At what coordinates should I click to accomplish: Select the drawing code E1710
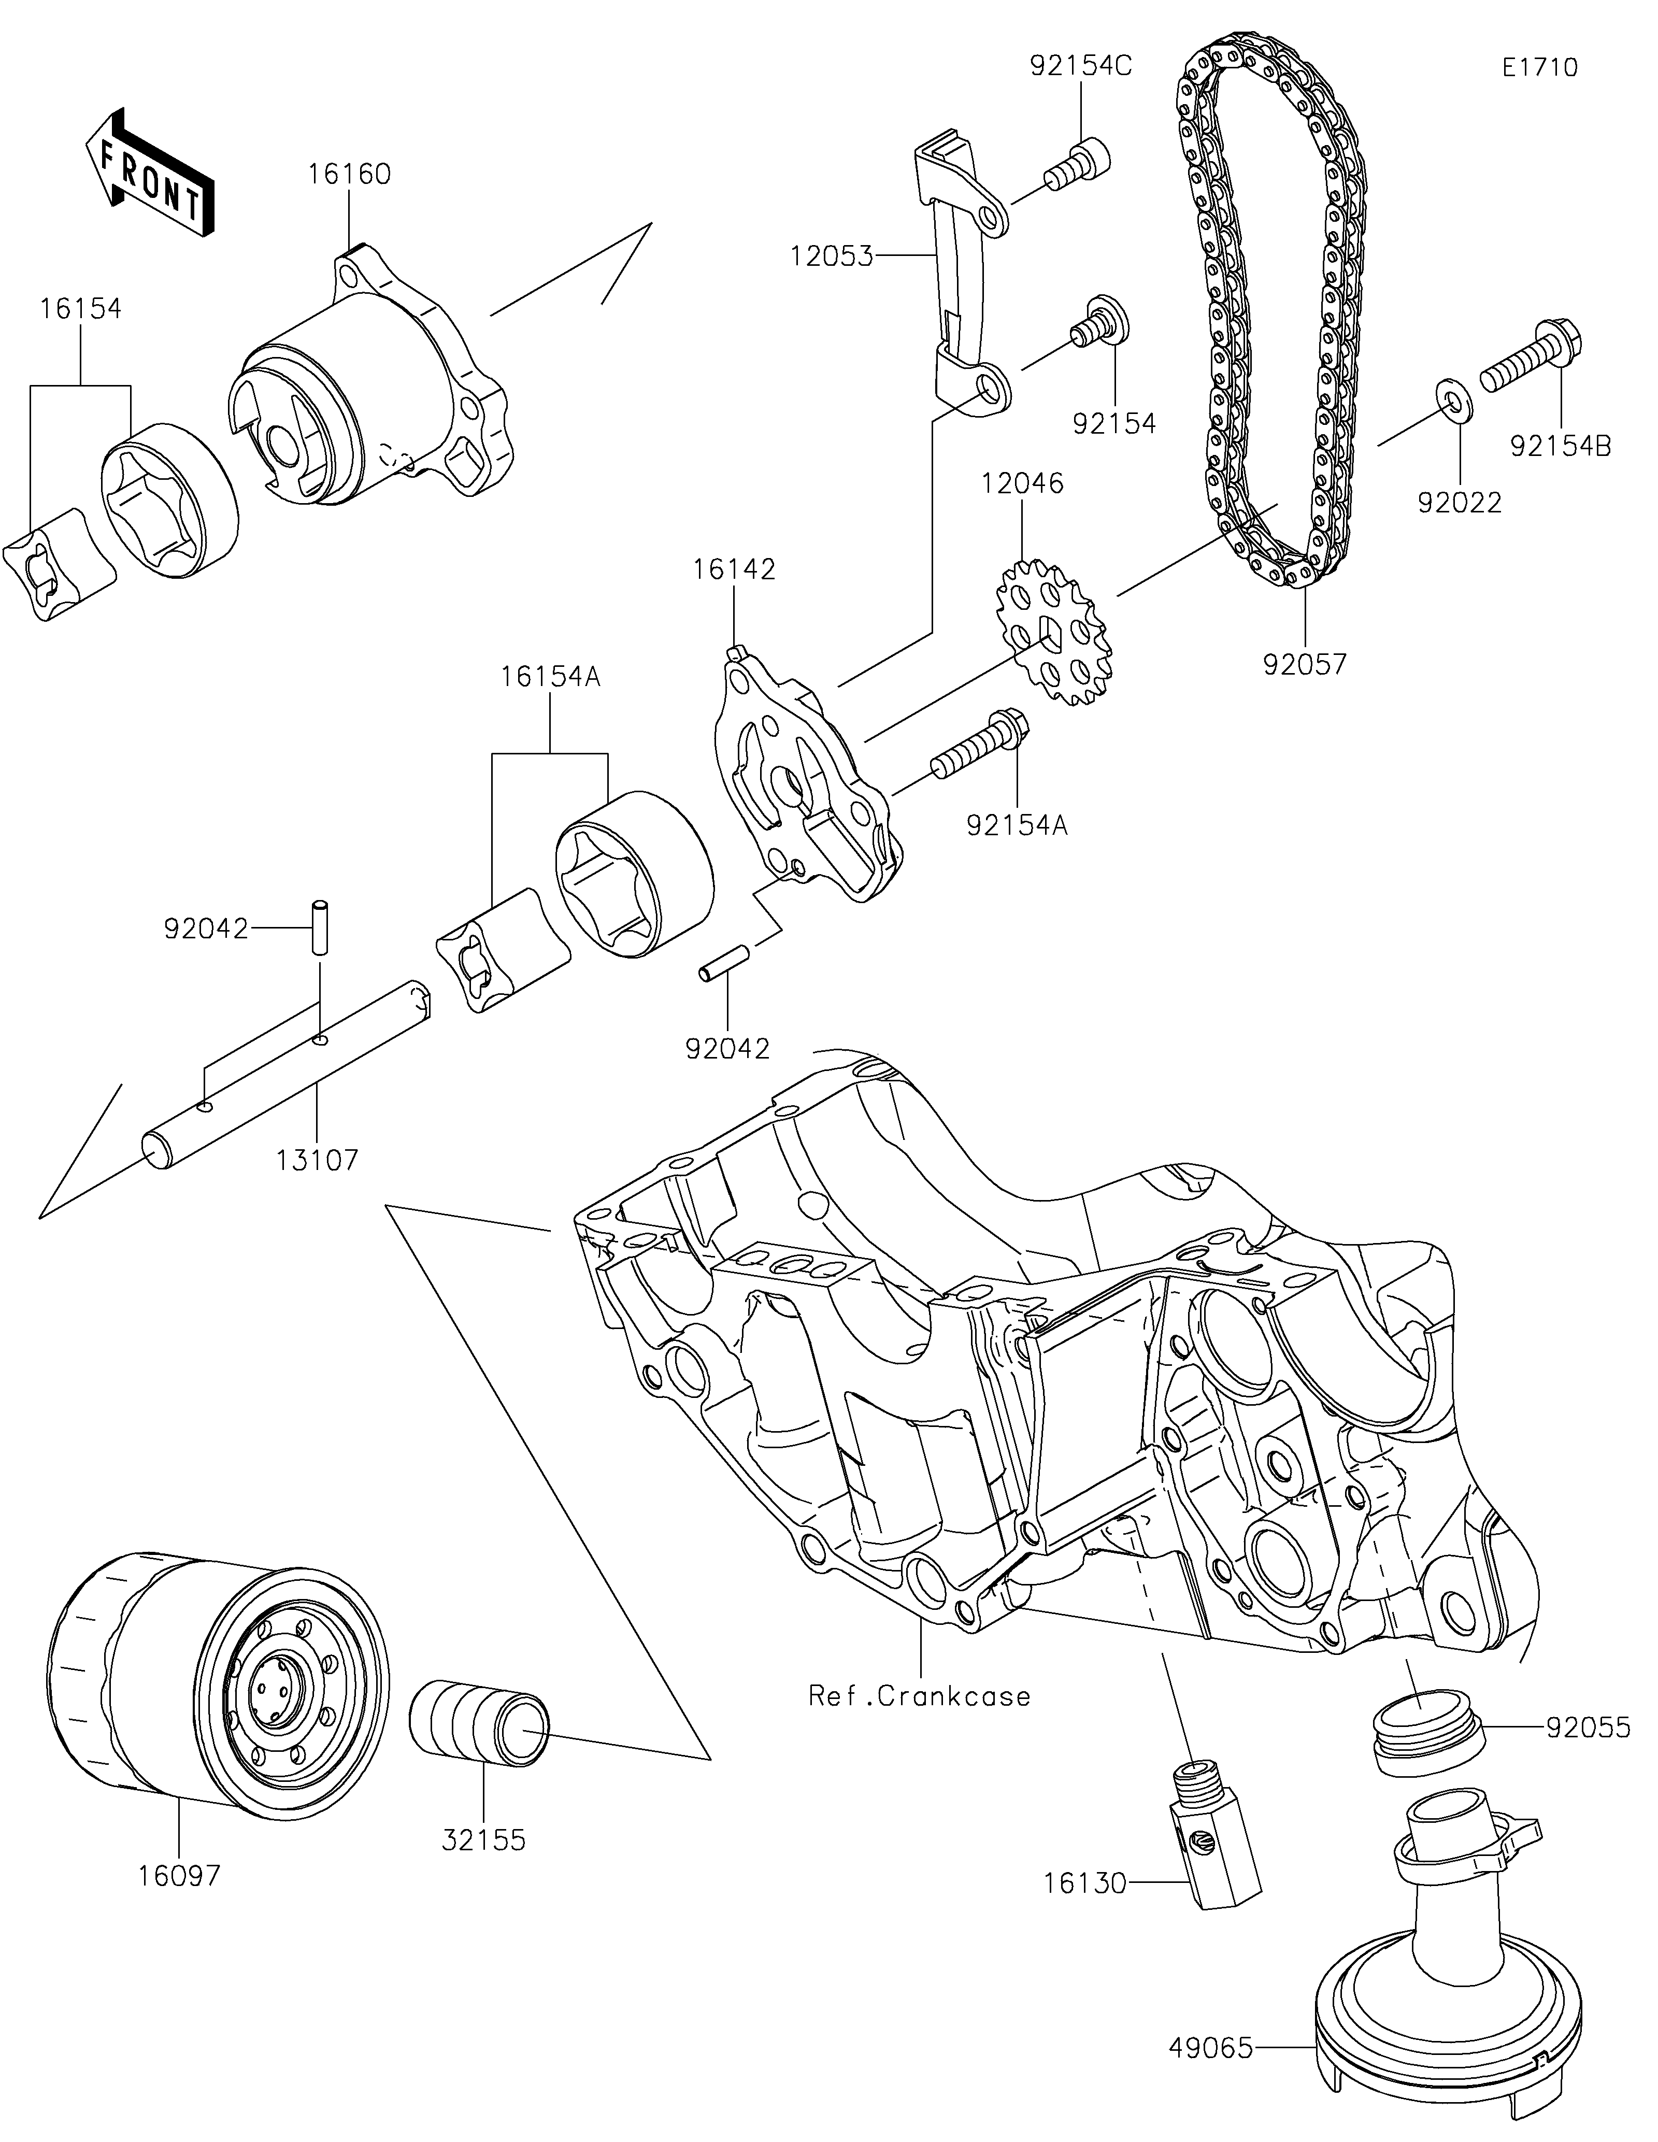click(x=1539, y=68)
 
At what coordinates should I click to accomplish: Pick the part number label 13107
click(x=317, y=1160)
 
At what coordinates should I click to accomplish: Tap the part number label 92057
click(x=1304, y=665)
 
